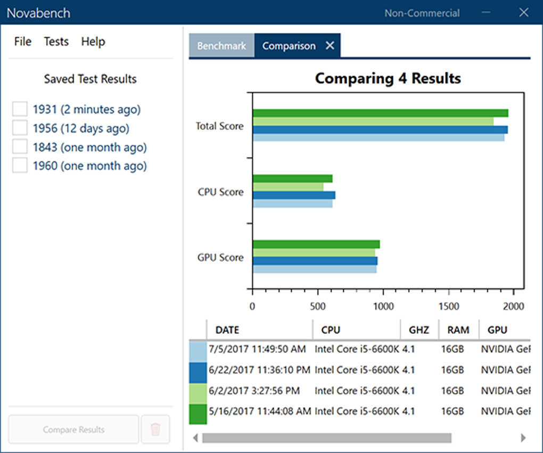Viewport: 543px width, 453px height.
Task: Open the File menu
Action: (23, 42)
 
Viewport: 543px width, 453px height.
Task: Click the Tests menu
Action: (56, 42)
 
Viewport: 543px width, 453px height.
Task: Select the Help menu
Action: (93, 42)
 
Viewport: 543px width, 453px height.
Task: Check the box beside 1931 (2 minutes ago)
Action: (20, 109)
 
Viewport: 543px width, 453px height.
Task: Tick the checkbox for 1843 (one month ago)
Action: (20, 147)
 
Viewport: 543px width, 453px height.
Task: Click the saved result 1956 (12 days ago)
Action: (81, 128)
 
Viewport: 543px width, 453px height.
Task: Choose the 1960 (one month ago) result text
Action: (89, 166)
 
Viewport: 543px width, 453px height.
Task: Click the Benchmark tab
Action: (221, 46)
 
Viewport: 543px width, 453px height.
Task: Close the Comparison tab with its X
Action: (330, 46)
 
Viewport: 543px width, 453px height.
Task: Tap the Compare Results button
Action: (73, 430)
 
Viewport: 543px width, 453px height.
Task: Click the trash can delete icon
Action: (155, 430)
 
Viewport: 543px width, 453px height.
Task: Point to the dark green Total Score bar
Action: (380, 113)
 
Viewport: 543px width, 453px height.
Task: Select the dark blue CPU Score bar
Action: (294, 195)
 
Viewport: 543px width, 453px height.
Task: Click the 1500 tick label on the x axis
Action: (449, 306)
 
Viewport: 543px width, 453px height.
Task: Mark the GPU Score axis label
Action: (220, 258)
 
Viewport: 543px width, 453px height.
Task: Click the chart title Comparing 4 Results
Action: (388, 79)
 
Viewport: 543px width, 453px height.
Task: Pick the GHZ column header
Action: (419, 330)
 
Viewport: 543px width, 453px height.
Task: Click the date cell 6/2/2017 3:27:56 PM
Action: (254, 391)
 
